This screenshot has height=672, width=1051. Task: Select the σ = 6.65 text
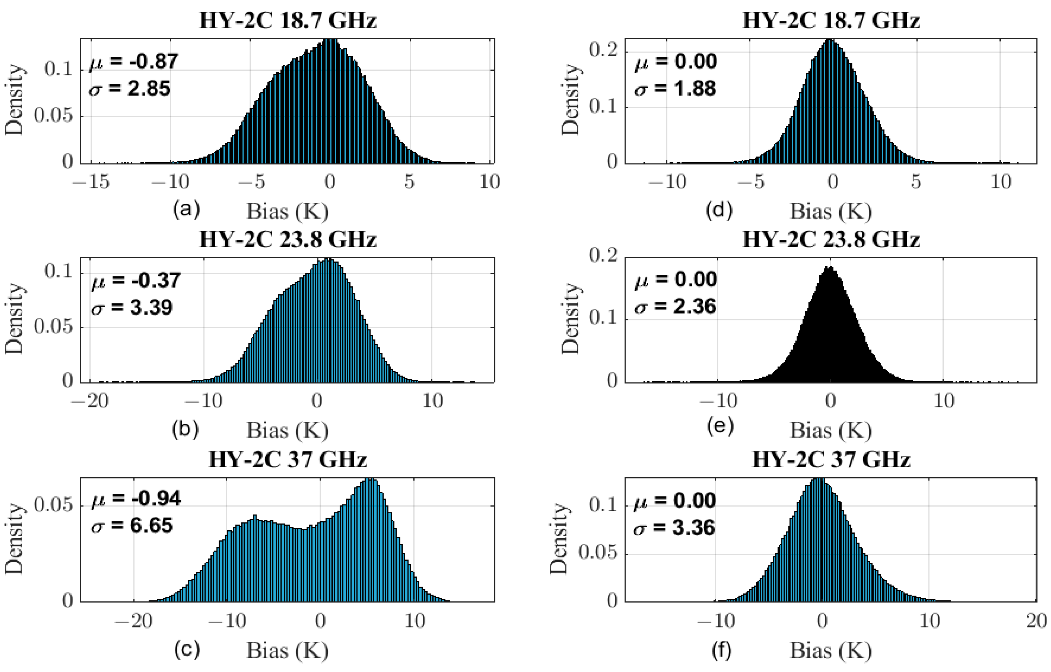(132, 525)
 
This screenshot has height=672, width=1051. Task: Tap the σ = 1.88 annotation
(675, 89)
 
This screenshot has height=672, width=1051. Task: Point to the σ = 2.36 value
(675, 306)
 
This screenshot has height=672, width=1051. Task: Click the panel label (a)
(186, 210)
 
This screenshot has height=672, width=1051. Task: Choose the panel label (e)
(720, 426)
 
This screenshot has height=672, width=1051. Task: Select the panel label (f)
(721, 650)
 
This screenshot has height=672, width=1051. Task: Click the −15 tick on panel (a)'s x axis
(91, 182)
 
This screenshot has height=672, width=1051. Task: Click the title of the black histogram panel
(831, 240)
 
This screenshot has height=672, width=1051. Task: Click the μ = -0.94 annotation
(136, 498)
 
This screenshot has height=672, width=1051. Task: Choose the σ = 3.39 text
(132, 307)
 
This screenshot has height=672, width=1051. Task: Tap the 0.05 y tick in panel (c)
(53, 506)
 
